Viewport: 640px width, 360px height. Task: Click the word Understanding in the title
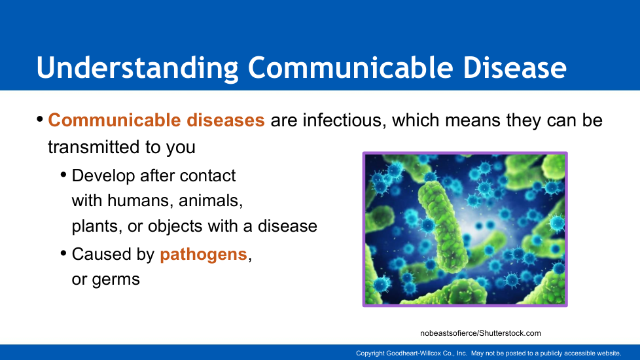click(137, 68)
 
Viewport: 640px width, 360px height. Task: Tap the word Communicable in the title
click(351, 67)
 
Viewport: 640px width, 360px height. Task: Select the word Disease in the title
click(515, 67)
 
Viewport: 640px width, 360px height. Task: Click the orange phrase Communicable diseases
click(156, 120)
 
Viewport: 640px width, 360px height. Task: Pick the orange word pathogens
click(204, 255)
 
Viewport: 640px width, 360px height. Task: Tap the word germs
click(116, 280)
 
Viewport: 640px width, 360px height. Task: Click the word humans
click(140, 201)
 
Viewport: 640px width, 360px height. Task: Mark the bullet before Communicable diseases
click(40, 120)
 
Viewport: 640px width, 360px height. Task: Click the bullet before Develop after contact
click(63, 175)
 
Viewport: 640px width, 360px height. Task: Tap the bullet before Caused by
click(63, 253)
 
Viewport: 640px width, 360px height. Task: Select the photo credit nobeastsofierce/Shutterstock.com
click(480, 333)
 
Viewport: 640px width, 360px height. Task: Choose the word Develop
click(103, 176)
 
